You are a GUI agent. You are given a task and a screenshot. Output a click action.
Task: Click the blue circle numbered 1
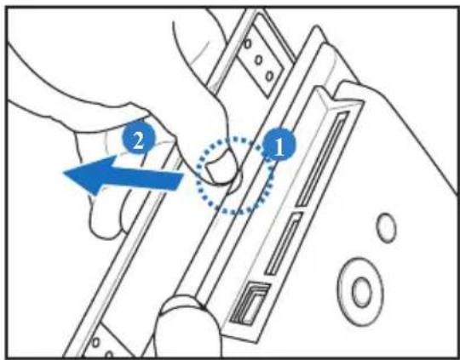coord(279,144)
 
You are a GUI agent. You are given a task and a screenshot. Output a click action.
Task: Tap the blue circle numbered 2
coord(138,138)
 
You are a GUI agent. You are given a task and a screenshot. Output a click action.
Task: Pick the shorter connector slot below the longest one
coord(284,243)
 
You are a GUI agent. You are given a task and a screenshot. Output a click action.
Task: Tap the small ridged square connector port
coord(250,303)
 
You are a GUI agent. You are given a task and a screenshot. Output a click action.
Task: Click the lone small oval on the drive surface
coord(386,228)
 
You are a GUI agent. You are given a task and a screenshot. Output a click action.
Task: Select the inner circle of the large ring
coord(362,292)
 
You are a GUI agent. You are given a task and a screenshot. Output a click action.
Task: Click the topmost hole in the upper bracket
coord(248,44)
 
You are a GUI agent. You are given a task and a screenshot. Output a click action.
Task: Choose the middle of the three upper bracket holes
coord(258,60)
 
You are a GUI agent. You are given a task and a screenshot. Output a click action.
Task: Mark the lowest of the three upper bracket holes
coord(269,76)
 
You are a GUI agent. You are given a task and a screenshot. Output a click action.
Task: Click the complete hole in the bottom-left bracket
coord(95,342)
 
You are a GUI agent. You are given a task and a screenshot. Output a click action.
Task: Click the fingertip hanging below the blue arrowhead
coord(103,217)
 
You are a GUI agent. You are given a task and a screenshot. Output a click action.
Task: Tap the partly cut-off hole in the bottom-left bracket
coord(109,355)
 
